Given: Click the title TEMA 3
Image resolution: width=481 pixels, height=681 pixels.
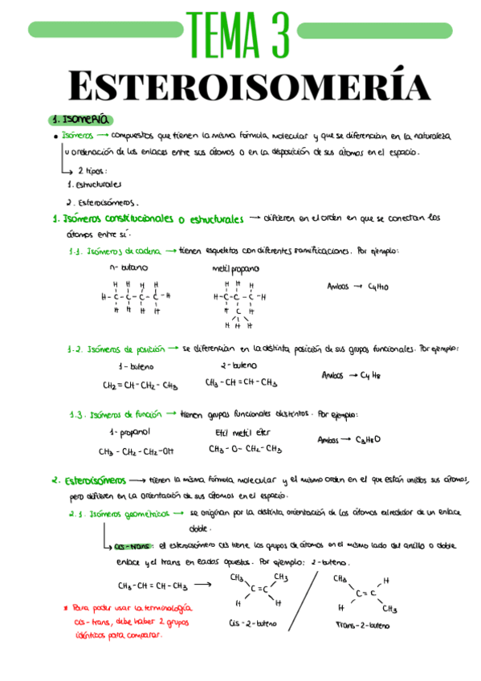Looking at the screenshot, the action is tap(239, 32).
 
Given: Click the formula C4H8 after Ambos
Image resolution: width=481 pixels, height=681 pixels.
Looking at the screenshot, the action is tap(370, 375).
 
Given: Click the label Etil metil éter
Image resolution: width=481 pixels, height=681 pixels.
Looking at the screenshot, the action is tap(244, 432).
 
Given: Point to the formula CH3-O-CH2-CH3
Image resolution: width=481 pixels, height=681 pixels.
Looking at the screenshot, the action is tap(245, 450).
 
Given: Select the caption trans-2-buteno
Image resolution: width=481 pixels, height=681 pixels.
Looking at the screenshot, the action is tap(363, 624).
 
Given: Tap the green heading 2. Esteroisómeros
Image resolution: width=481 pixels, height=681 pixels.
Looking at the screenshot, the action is tap(88, 480).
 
